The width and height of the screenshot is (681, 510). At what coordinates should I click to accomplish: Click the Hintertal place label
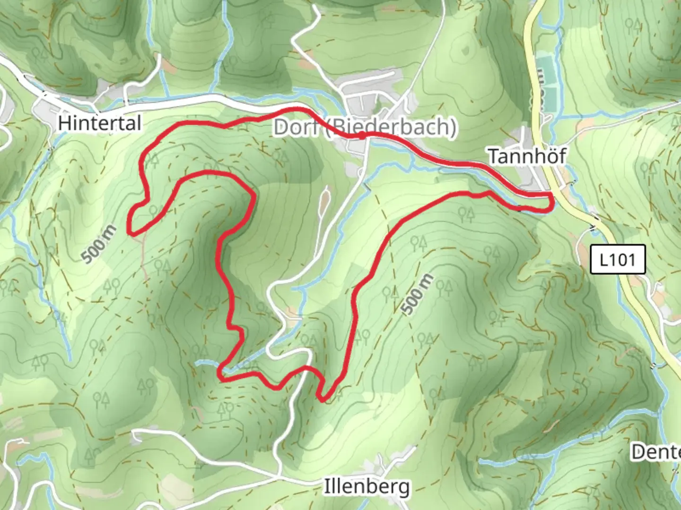click(x=99, y=123)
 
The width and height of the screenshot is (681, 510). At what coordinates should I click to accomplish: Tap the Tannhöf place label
click(x=526, y=156)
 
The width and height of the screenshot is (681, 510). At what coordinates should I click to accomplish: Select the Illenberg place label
click(x=366, y=486)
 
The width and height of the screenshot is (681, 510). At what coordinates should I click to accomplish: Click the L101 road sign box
click(x=617, y=259)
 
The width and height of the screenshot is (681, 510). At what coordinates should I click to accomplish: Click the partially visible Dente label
click(x=656, y=452)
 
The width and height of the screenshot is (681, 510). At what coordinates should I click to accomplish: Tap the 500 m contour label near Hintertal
click(x=98, y=245)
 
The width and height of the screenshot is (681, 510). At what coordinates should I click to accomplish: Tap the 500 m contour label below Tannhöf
click(x=417, y=294)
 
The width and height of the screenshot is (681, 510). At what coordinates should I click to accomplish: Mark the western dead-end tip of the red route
click(x=130, y=232)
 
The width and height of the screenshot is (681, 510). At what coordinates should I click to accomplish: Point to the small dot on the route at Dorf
click(x=362, y=136)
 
